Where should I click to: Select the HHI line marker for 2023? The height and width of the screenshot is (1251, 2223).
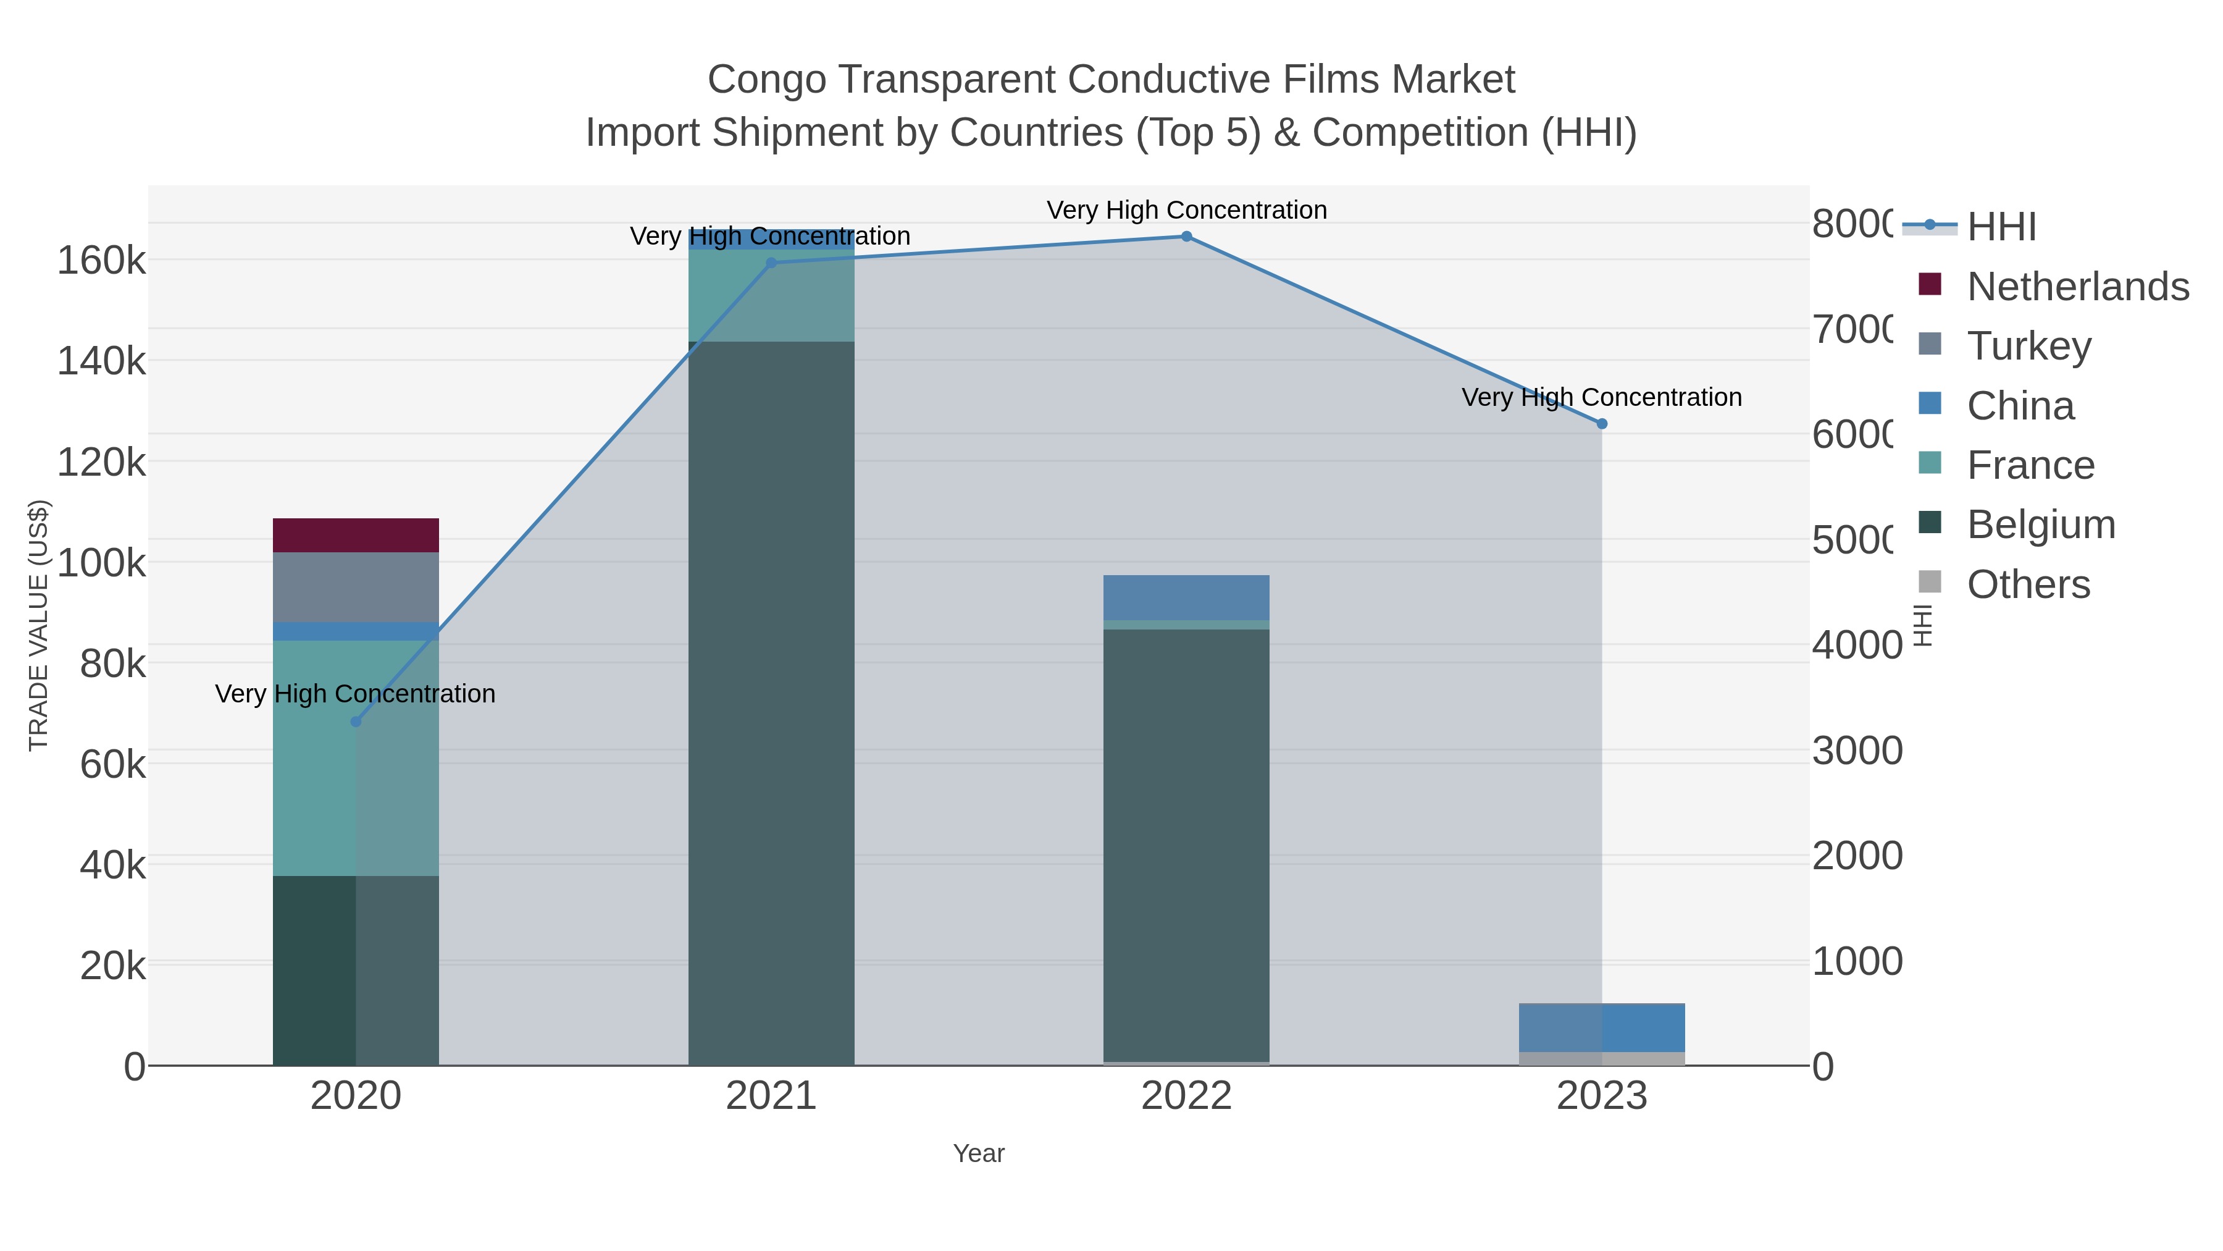pos(1602,424)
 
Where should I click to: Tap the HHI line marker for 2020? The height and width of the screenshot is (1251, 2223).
pos(356,722)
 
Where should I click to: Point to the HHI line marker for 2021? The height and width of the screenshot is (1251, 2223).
pos(771,263)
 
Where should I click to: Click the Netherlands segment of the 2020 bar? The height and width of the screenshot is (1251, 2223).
pos(356,535)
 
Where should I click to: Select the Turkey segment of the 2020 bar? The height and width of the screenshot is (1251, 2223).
pos(356,587)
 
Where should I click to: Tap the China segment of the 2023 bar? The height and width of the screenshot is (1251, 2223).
pos(1602,1027)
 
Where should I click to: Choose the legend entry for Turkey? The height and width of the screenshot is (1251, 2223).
pos(2028,346)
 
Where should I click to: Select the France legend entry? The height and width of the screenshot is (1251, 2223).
pos(2030,465)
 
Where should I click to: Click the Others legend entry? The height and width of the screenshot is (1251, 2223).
pos(2028,584)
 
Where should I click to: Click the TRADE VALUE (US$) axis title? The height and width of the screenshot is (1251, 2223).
pos(39,625)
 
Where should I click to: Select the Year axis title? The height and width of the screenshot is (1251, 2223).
pos(979,1153)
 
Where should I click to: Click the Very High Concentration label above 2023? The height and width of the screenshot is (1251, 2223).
pos(1602,397)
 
